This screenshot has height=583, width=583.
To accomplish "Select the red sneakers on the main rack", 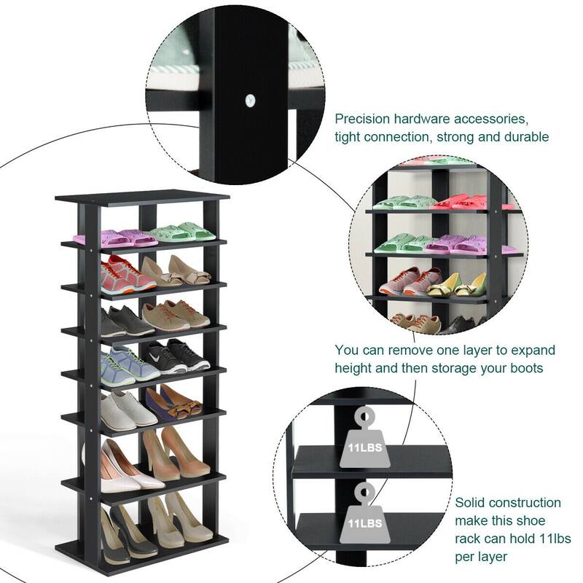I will [x=128, y=275].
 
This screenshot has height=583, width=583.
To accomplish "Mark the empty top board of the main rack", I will [x=142, y=197].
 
